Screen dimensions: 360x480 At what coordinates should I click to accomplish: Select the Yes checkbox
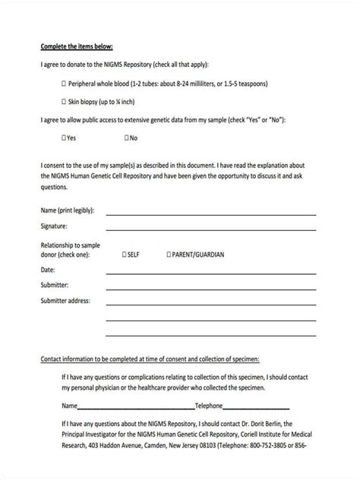coord(63,138)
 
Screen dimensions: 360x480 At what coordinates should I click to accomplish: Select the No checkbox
coord(127,138)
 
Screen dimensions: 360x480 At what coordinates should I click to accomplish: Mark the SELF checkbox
coord(125,255)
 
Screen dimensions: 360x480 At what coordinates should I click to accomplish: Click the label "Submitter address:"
coord(65,301)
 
